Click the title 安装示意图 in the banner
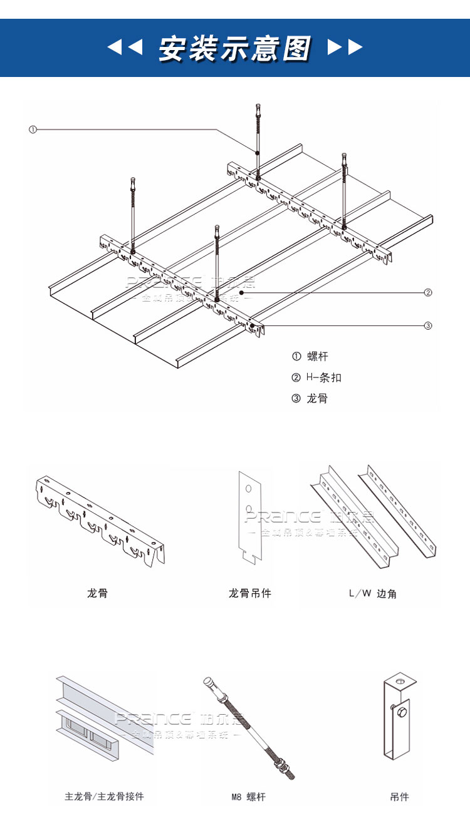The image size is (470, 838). (x=234, y=48)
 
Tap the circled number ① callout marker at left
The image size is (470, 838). (x=33, y=130)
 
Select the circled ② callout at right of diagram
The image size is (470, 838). (x=428, y=292)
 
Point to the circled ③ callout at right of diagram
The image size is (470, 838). (x=428, y=325)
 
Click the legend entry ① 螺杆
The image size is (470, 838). (x=310, y=357)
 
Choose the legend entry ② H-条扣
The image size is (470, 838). (x=317, y=377)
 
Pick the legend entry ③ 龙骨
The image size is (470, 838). (x=310, y=398)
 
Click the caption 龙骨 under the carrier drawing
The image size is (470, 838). (x=97, y=593)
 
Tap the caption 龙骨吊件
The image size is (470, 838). (x=249, y=593)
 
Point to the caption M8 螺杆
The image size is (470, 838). (x=248, y=797)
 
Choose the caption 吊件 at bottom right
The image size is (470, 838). (x=399, y=797)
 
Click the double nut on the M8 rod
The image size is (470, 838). (x=281, y=765)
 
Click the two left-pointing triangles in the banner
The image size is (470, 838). (x=125, y=47)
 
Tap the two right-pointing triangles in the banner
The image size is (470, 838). (x=345, y=47)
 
